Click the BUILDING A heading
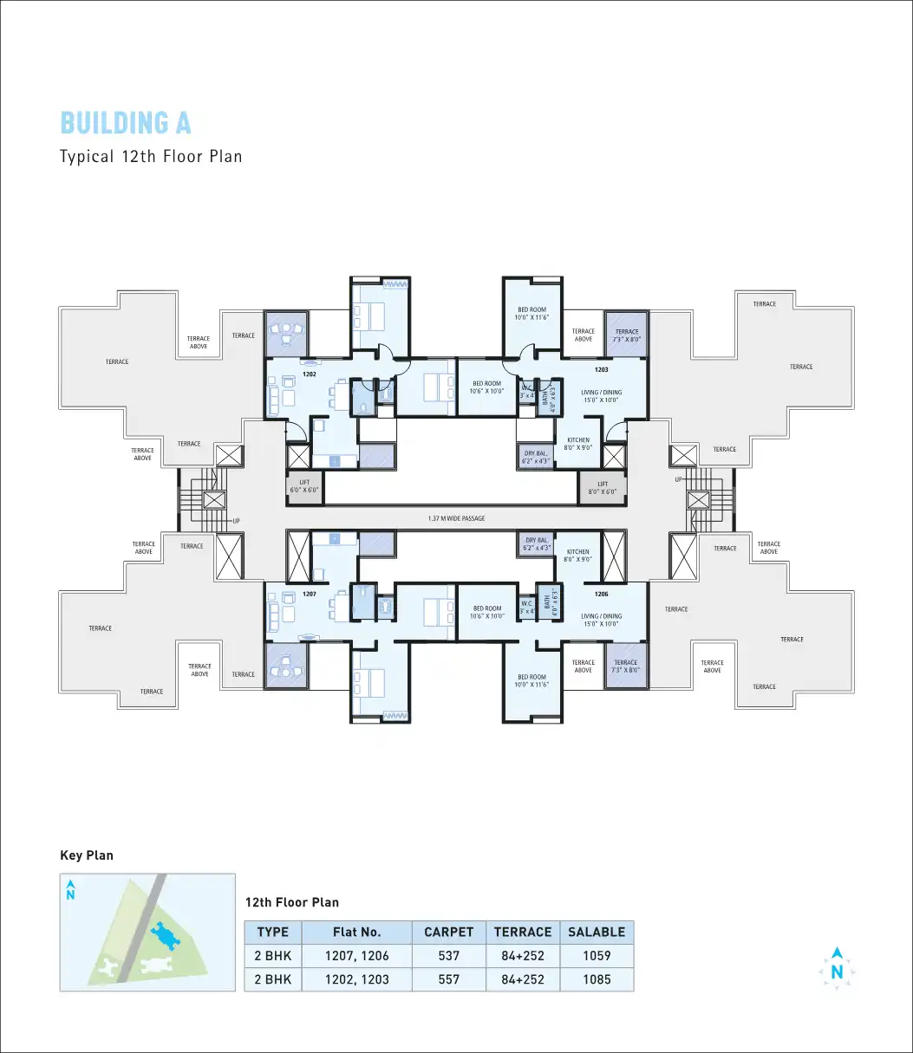pyautogui.click(x=126, y=123)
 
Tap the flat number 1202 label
pyautogui.click(x=309, y=375)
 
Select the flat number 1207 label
pyautogui.click(x=309, y=595)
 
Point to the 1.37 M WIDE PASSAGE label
pyautogui.click(x=456, y=518)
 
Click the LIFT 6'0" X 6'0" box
pyautogui.click(x=304, y=486)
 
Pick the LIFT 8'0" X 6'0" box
pyautogui.click(x=602, y=488)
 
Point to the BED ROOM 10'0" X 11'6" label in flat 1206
pyautogui.click(x=531, y=680)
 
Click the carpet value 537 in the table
pyautogui.click(x=448, y=956)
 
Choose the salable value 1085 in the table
pyautogui.click(x=596, y=979)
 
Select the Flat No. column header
pyautogui.click(x=356, y=933)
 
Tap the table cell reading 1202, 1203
pyautogui.click(x=356, y=979)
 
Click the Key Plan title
pyautogui.click(x=87, y=855)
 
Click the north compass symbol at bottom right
pyautogui.click(x=837, y=969)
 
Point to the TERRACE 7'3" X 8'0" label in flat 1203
pyautogui.click(x=626, y=335)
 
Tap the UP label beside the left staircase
pyautogui.click(x=235, y=521)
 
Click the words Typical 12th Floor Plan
pyautogui.click(x=151, y=157)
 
